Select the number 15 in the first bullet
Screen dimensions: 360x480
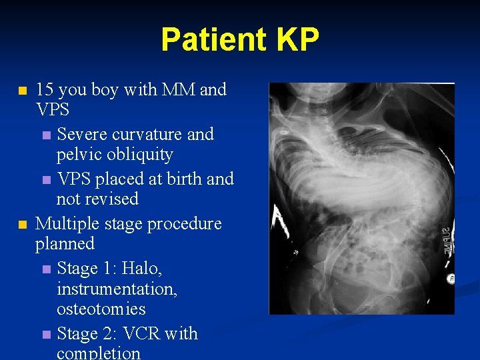[x=45, y=89]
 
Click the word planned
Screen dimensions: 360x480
[x=65, y=243]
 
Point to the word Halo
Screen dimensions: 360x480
[x=143, y=268]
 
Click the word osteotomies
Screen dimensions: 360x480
[x=101, y=309]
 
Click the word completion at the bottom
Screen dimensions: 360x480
[x=99, y=352]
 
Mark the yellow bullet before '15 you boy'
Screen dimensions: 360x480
[x=23, y=90]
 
